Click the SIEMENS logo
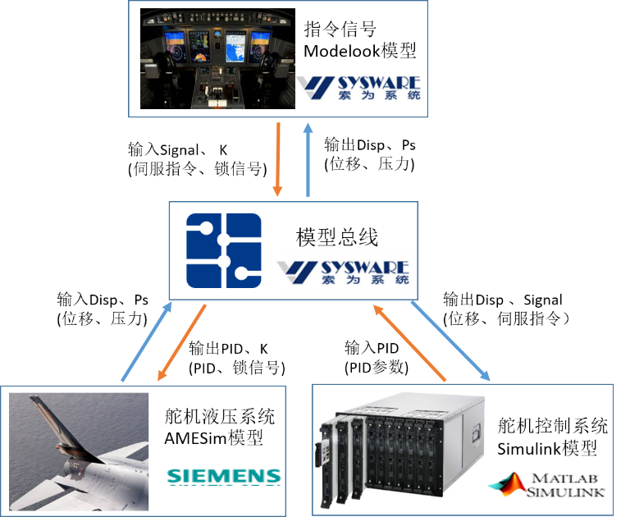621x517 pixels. (x=223, y=475)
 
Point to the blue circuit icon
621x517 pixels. (x=223, y=250)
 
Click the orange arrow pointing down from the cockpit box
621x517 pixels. (x=278, y=159)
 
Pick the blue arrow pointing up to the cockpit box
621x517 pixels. (x=308, y=159)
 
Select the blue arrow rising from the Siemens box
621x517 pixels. (x=148, y=341)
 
